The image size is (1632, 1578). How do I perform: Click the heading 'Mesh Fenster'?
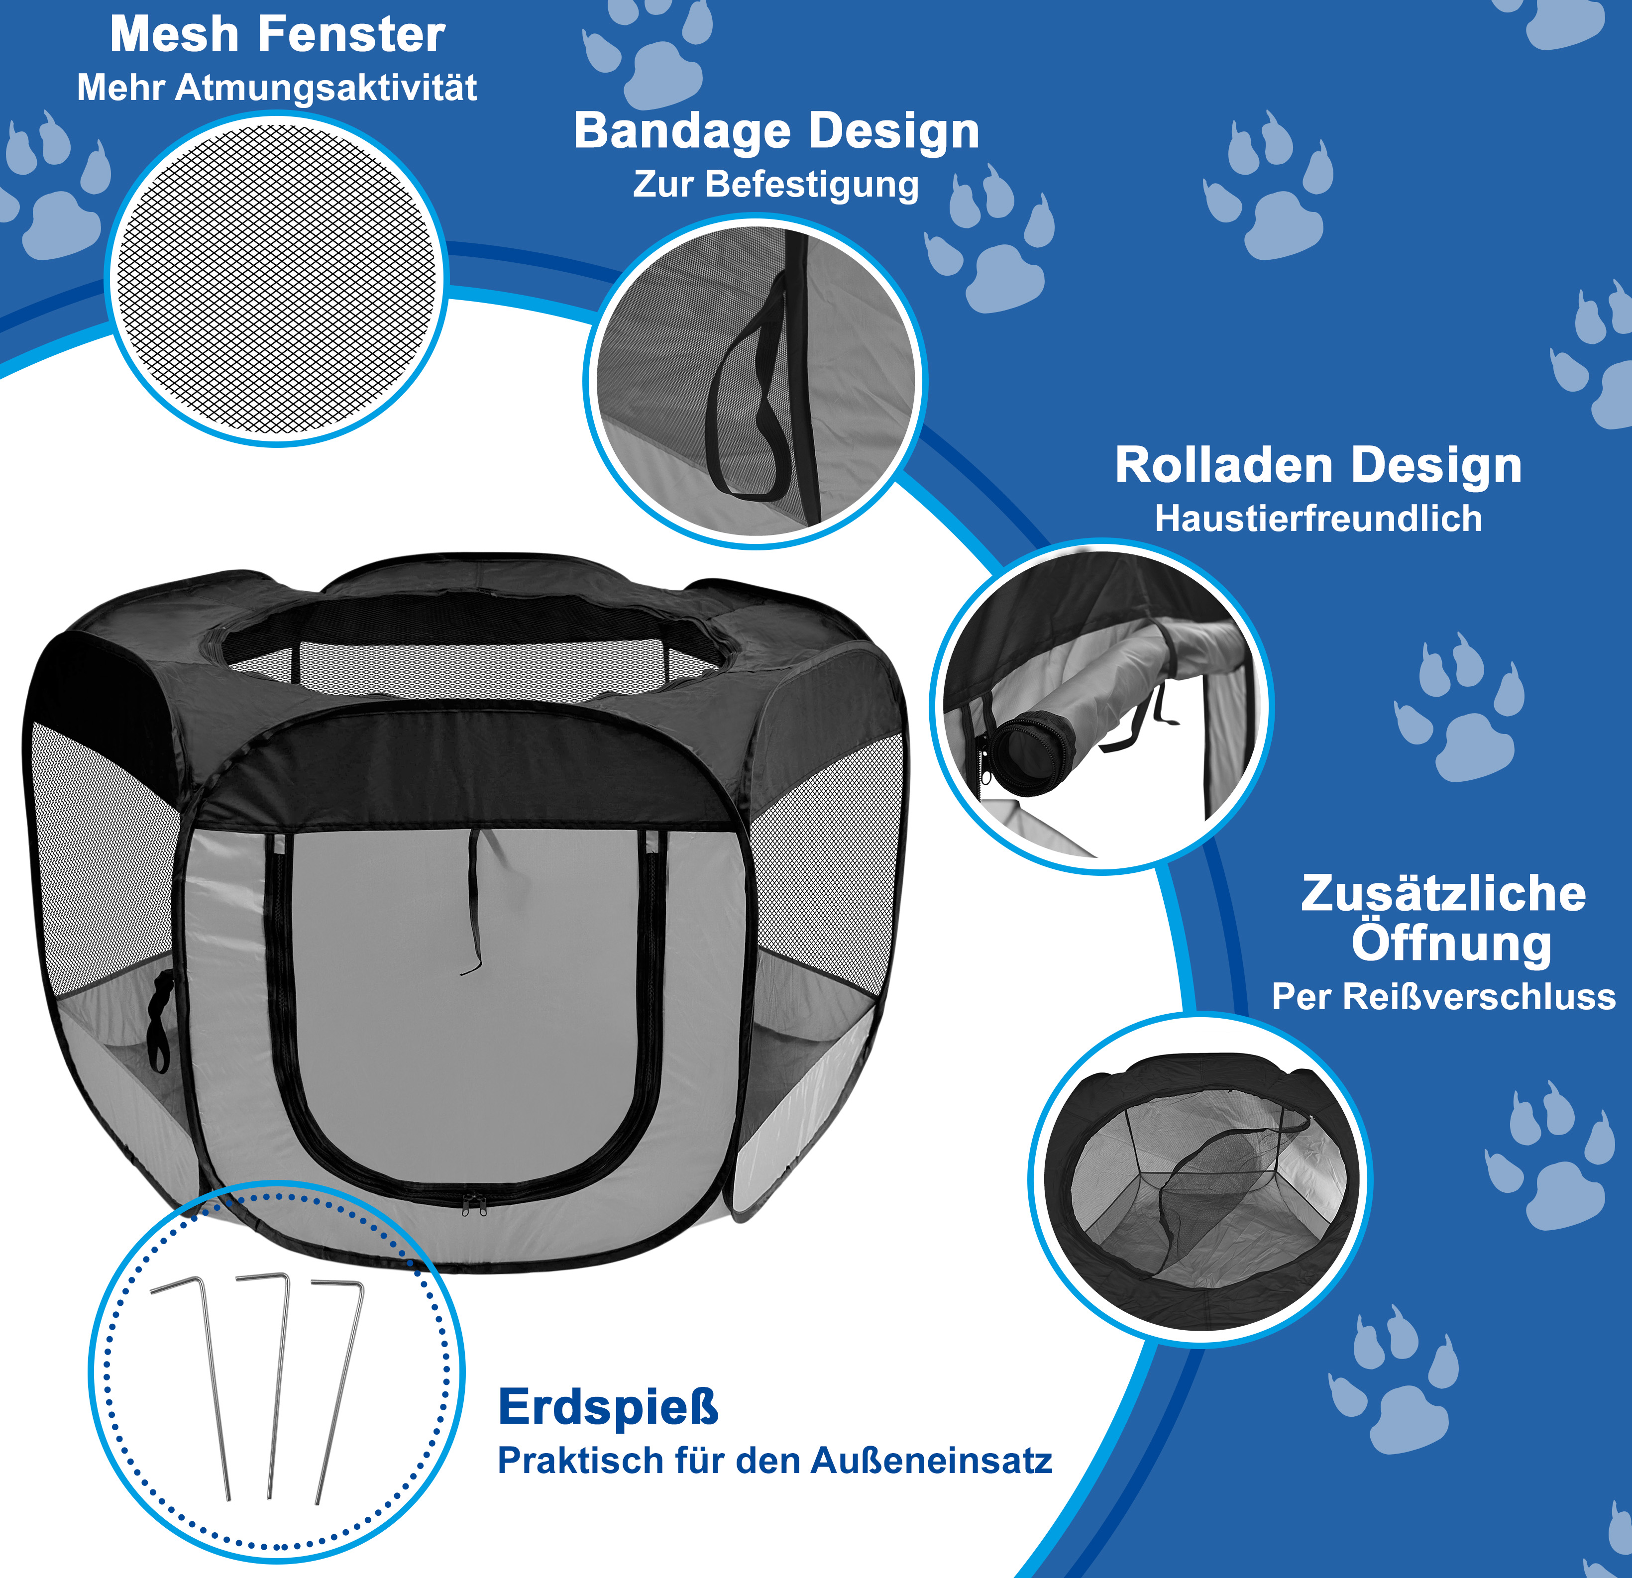click(277, 35)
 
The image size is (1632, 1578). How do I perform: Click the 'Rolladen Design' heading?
click(1318, 465)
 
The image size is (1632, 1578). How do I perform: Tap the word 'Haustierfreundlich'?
click(1318, 519)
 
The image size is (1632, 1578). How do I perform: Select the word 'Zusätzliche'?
click(1443, 894)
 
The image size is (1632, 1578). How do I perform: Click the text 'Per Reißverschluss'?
click(1443, 997)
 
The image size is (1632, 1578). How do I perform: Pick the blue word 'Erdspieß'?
click(608, 1407)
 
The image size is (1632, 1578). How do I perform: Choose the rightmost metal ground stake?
click(337, 1390)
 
